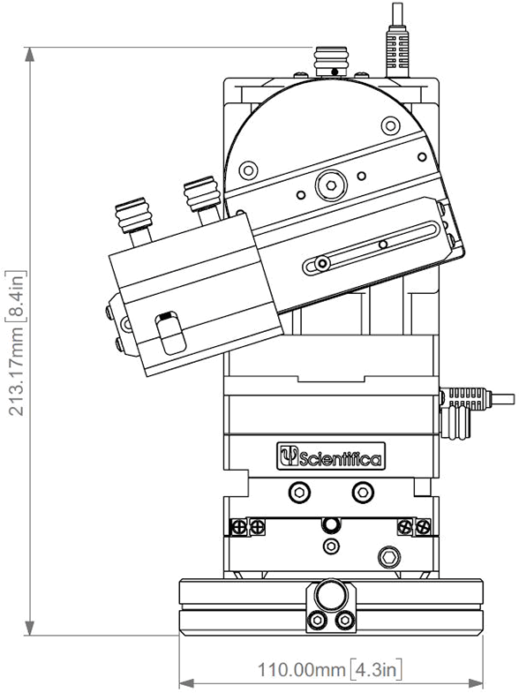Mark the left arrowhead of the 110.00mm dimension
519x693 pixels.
(x=186, y=682)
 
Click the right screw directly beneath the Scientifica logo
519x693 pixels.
(x=362, y=491)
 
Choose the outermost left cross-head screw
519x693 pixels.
(x=237, y=528)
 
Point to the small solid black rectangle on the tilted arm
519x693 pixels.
(x=165, y=314)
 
